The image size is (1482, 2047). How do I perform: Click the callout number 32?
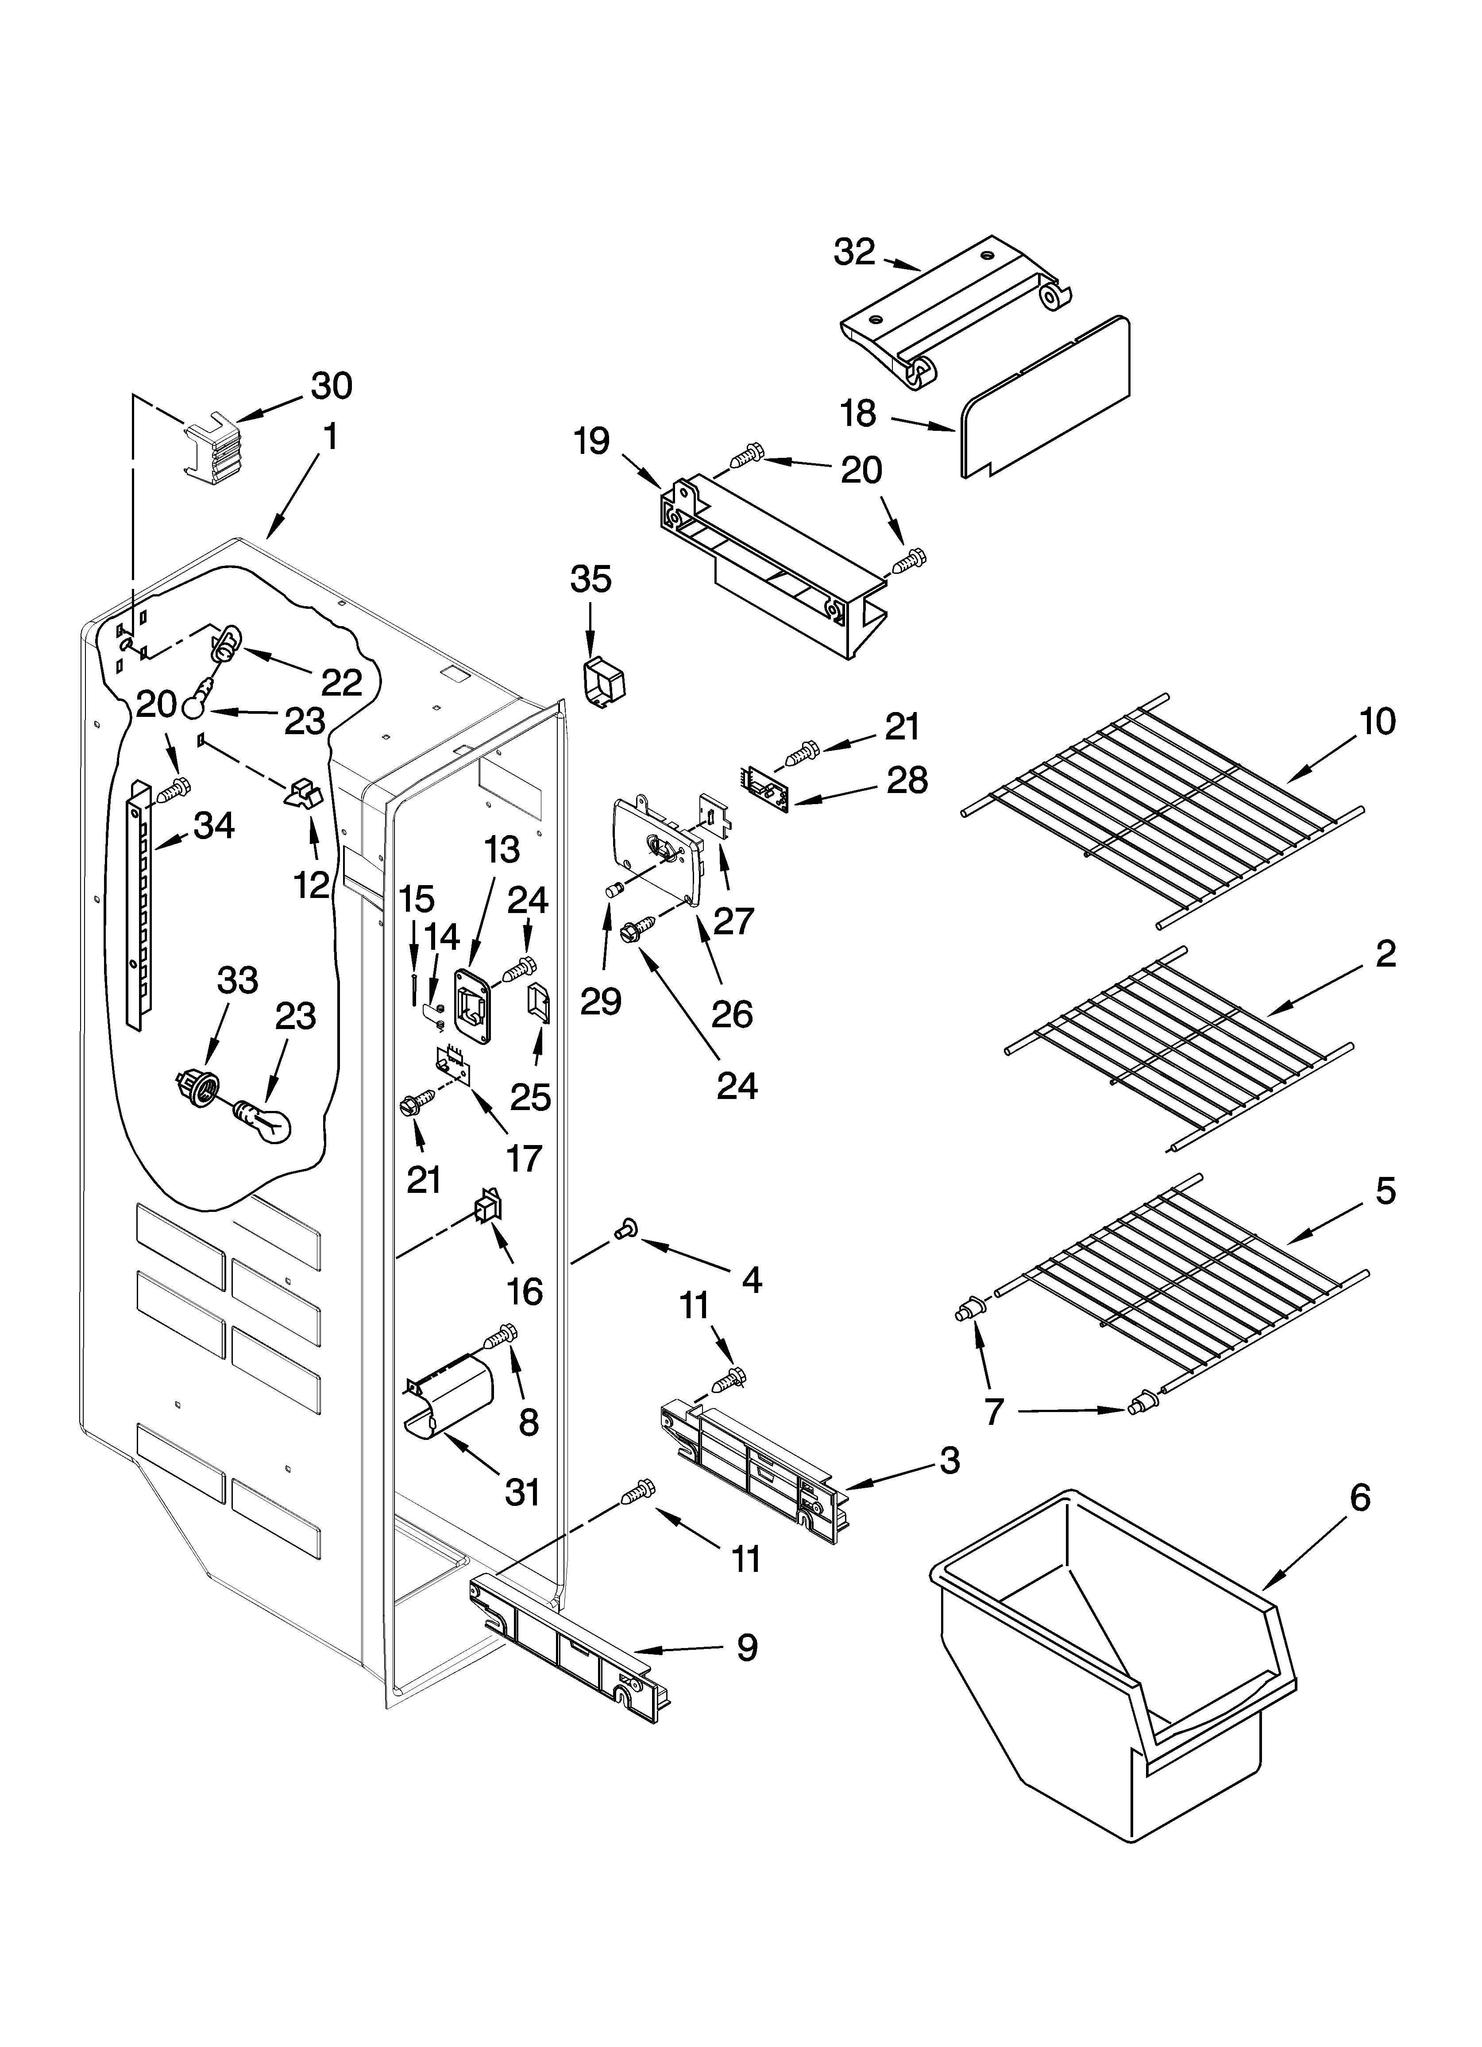pos(854,253)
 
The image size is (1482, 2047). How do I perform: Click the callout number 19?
pos(592,442)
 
